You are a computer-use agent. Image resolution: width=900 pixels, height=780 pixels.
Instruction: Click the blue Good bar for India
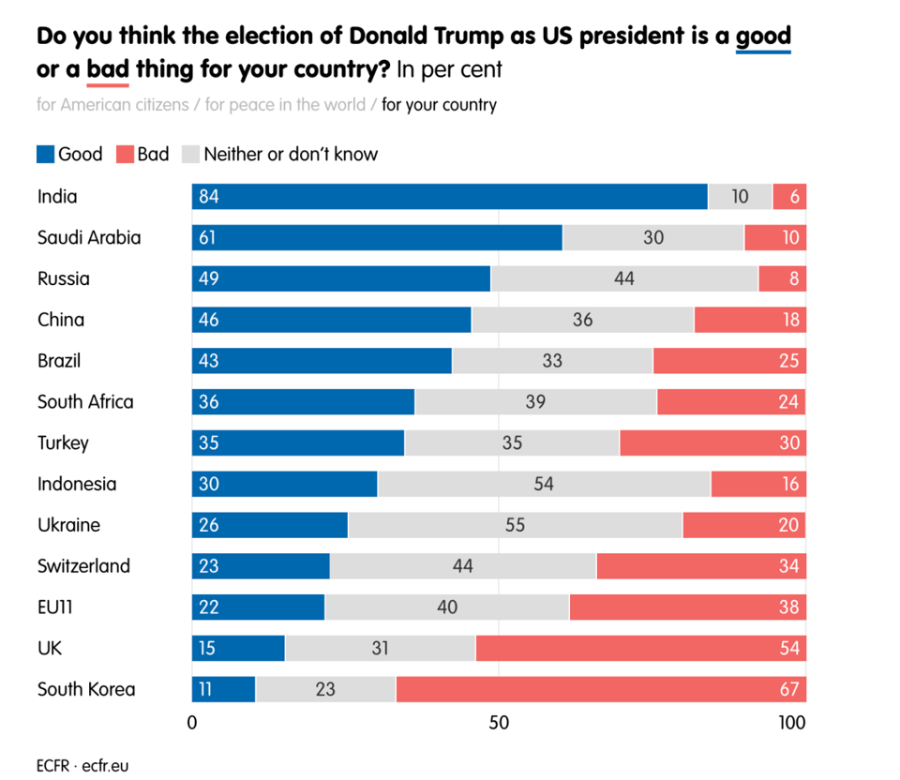(x=450, y=197)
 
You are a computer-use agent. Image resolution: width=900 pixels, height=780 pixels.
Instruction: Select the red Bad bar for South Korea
(x=600, y=689)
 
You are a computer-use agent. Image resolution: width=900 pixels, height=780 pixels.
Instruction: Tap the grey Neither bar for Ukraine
(x=515, y=525)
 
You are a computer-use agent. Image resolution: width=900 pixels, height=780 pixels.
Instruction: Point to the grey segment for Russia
(x=623, y=278)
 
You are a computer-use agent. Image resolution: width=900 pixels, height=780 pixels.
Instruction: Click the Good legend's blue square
(x=45, y=155)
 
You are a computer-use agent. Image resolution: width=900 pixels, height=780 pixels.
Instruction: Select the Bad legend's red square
(x=125, y=155)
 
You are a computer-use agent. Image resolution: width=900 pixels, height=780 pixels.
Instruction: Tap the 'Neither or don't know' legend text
(x=291, y=155)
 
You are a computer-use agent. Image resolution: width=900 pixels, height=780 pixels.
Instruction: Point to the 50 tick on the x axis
(x=499, y=723)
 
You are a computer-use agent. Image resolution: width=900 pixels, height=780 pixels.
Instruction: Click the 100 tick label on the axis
(x=791, y=723)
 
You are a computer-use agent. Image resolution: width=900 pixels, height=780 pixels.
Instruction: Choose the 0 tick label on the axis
(x=192, y=723)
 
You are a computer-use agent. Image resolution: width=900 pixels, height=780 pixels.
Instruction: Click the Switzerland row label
(x=83, y=566)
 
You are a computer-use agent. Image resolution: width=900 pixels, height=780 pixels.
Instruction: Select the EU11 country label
(x=55, y=607)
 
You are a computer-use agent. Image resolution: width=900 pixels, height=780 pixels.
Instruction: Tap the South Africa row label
(x=85, y=401)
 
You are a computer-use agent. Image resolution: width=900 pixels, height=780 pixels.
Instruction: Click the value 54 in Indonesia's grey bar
(x=543, y=484)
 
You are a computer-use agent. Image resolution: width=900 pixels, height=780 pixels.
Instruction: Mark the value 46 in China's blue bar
(x=208, y=320)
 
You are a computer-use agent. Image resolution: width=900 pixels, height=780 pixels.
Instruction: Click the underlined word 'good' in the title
(x=763, y=37)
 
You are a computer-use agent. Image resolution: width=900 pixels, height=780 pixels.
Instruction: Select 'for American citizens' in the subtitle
(x=111, y=105)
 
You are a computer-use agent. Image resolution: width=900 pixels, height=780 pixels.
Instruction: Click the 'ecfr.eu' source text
(x=105, y=765)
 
